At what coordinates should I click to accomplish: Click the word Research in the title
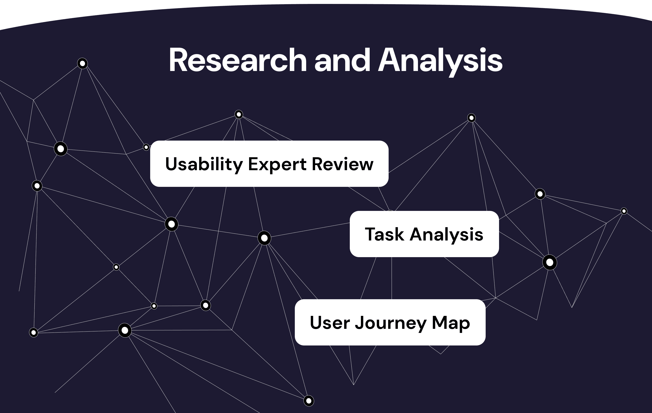pyautogui.click(x=238, y=60)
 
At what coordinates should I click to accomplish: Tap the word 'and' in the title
pyautogui.click(x=342, y=60)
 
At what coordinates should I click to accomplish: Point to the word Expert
pyautogui.click(x=277, y=164)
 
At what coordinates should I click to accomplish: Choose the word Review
pyautogui.click(x=342, y=164)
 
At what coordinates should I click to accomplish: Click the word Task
pyautogui.click(x=384, y=234)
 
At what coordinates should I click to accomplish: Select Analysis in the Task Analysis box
pyautogui.click(x=446, y=234)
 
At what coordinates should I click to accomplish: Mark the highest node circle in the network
pyautogui.click(x=82, y=63)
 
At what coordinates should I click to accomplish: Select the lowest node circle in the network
pyautogui.click(x=309, y=401)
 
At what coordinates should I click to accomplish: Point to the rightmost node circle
pyautogui.click(x=624, y=211)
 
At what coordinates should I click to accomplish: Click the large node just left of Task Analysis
pyautogui.click(x=264, y=238)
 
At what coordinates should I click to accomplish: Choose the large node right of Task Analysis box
pyautogui.click(x=550, y=262)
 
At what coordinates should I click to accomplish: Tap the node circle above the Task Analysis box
pyautogui.click(x=471, y=118)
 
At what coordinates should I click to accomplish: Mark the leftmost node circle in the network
pyautogui.click(x=34, y=332)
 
